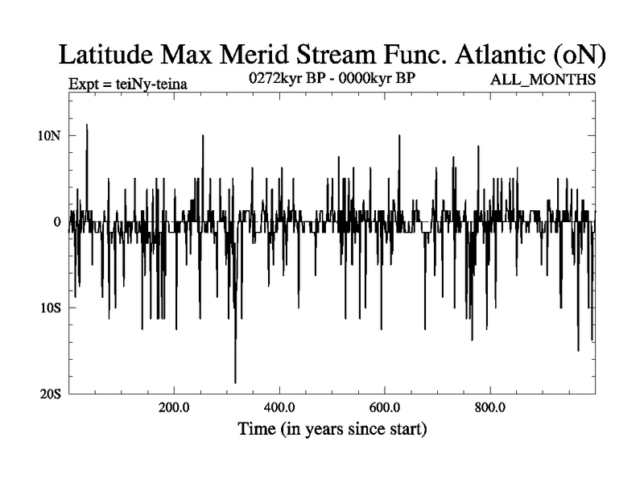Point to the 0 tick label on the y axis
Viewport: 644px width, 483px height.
click(57, 221)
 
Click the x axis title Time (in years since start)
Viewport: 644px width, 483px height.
click(332, 428)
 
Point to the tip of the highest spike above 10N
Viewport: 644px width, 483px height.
click(87, 125)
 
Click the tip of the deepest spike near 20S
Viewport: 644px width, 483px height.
click(235, 382)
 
